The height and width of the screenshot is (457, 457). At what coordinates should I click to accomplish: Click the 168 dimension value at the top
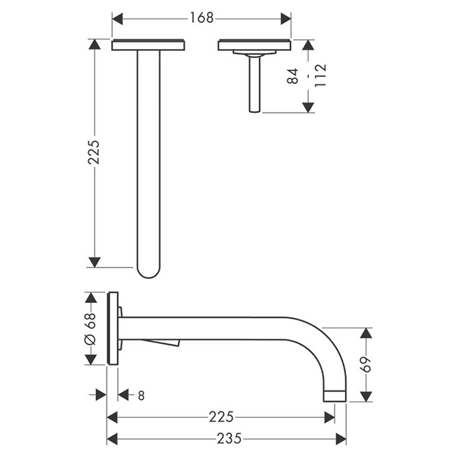202,18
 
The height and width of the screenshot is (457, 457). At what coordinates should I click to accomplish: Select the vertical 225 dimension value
94,152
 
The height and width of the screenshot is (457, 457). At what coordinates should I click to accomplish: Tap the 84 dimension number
292,76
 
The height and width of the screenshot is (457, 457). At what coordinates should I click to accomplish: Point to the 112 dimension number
321,75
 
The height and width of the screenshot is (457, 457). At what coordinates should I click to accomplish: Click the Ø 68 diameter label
90,329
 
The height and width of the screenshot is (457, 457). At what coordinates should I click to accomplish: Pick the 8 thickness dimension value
141,396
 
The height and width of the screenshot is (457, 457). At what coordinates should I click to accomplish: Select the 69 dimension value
366,364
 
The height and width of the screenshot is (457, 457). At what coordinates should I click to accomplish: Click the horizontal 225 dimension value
221,417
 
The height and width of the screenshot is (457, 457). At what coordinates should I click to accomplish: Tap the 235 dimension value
229,438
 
